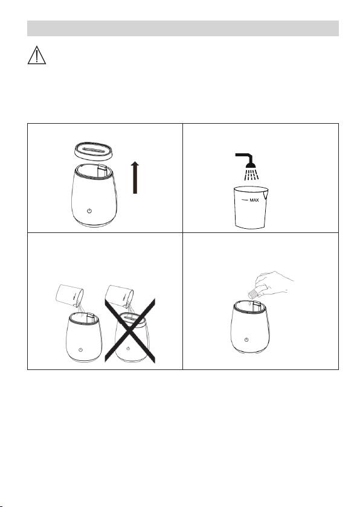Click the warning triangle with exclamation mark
point(37,56)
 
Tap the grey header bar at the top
point(183,28)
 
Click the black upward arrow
point(135,178)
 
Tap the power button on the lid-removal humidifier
point(89,211)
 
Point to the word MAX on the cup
point(254,200)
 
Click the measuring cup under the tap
point(251,207)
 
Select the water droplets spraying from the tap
point(251,174)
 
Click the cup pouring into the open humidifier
point(69,295)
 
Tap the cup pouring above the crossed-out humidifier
point(120,296)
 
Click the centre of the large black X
point(130,331)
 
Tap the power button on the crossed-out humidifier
point(128,348)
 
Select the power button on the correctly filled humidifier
point(80,350)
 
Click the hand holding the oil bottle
point(273,283)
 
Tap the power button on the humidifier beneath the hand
point(246,339)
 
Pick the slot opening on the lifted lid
point(94,150)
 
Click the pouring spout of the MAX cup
point(266,194)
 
